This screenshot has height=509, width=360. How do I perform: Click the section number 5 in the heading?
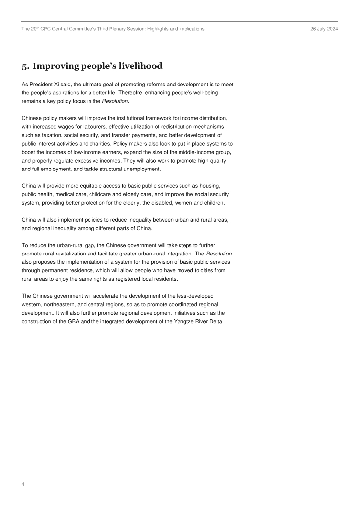pos(24,66)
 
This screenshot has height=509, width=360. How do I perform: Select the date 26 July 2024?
pos(324,29)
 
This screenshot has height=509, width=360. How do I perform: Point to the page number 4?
pos(23,483)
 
